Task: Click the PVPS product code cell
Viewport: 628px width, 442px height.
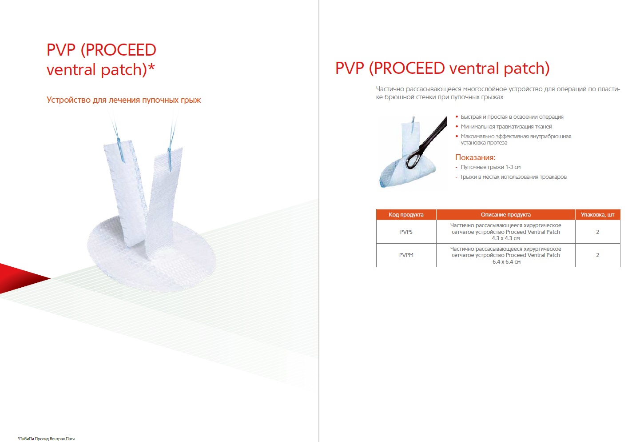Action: point(406,232)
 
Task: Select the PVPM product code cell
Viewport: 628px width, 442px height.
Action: point(406,255)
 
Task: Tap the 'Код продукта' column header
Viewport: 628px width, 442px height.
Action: point(406,215)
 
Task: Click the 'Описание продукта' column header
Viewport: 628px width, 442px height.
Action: point(505,215)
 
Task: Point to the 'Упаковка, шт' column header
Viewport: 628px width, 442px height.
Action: point(597,215)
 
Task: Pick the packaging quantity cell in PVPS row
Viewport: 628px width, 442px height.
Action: point(597,232)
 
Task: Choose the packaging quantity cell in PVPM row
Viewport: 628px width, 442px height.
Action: point(597,255)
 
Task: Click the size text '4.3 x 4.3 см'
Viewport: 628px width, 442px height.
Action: point(505,238)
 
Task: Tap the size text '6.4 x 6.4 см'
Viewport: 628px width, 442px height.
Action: point(506,262)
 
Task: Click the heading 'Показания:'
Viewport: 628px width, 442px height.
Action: point(475,157)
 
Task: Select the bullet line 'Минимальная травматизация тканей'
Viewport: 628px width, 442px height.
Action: point(506,127)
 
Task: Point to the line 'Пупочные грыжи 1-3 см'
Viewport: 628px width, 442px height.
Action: point(491,167)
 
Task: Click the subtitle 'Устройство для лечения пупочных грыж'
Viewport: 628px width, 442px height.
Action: point(123,100)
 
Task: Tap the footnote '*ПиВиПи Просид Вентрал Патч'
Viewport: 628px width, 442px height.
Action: point(46,438)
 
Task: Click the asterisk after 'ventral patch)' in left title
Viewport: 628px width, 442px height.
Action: point(151,67)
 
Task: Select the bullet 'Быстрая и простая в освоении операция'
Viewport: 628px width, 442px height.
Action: point(512,117)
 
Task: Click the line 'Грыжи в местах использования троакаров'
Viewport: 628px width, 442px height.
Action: point(513,177)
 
